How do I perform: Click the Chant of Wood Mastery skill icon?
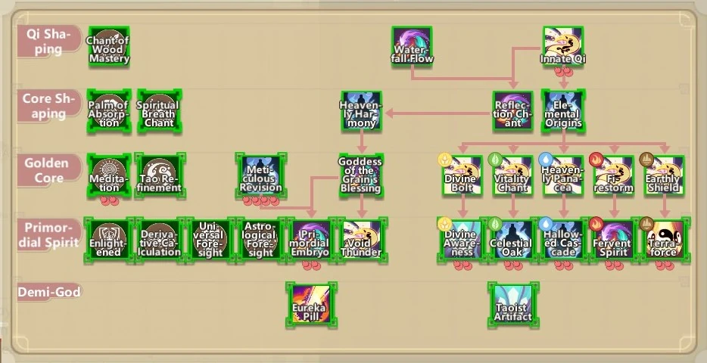click(x=109, y=47)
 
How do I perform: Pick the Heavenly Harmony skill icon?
click(x=361, y=111)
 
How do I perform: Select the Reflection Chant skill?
click(x=513, y=111)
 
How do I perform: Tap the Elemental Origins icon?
click(x=563, y=111)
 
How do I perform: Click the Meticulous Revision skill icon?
click(x=260, y=175)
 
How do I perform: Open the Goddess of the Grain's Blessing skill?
click(x=361, y=175)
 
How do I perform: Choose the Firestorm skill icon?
click(x=614, y=175)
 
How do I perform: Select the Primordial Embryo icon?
click(x=310, y=239)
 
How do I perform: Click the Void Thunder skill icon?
click(x=361, y=239)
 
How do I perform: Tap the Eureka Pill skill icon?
click(x=310, y=304)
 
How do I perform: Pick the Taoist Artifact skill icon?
click(x=512, y=304)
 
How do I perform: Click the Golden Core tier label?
click(x=47, y=170)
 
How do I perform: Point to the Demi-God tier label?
click(x=54, y=292)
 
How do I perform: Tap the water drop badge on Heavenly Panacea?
click(x=545, y=160)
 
